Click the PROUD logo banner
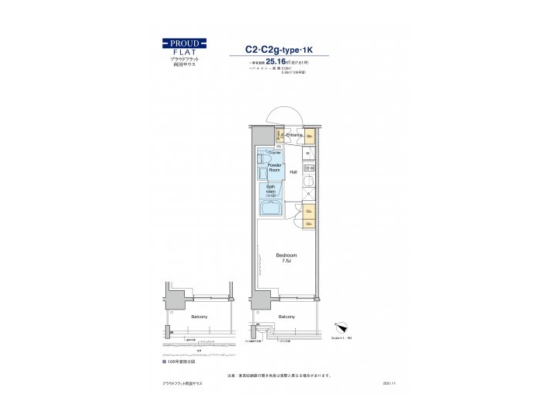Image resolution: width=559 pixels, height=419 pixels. [x=183, y=43]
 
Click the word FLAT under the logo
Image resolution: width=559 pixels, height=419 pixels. [x=183, y=52]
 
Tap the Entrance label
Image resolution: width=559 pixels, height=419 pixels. [x=293, y=135]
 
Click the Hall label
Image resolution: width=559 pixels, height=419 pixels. [x=293, y=171]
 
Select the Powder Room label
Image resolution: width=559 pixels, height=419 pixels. [x=274, y=168]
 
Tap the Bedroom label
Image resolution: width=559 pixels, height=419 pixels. [x=286, y=255]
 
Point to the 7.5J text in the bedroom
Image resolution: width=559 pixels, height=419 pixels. [x=286, y=261]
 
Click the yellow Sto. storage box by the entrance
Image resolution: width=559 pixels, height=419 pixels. [x=308, y=137]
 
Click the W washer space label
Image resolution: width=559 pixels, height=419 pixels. [x=308, y=152]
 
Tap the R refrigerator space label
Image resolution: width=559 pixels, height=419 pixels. [x=308, y=192]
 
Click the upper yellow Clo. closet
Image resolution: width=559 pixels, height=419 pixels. [x=308, y=209]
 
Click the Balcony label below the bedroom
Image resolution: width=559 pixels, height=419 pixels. [x=286, y=317]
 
